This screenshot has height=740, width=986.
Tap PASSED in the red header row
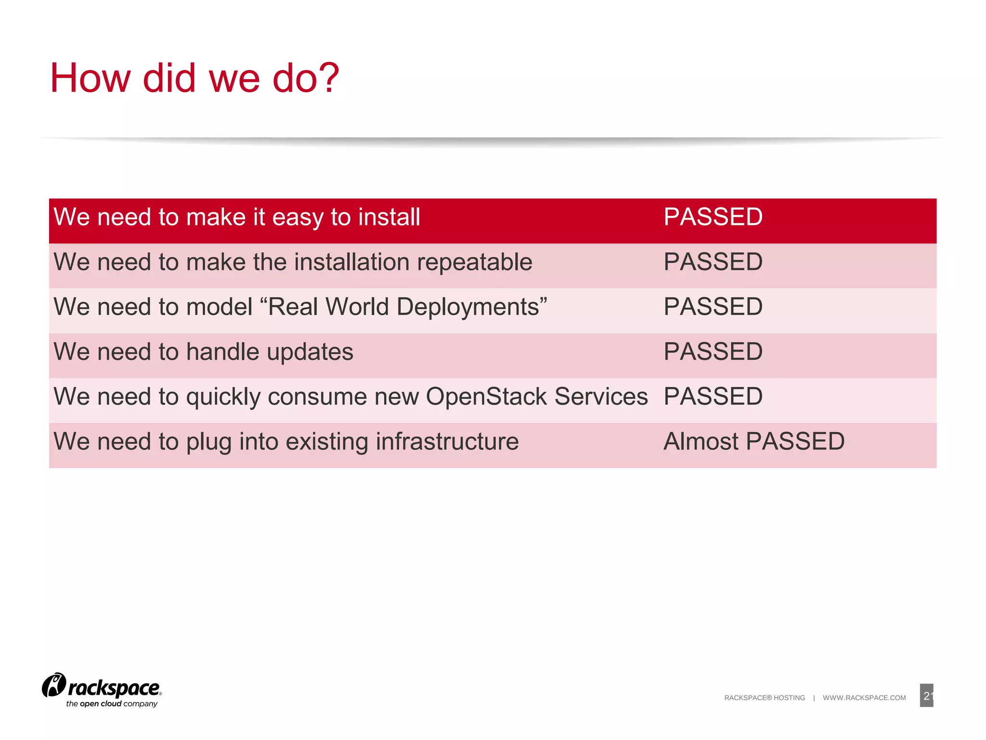tap(713, 217)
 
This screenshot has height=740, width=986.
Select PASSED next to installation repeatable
tap(713, 262)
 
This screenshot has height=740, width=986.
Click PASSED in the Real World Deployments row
tap(713, 307)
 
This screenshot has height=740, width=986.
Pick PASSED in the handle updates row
tap(713, 352)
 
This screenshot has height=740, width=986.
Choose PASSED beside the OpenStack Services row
tap(713, 396)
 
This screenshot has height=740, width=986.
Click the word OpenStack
tap(486, 397)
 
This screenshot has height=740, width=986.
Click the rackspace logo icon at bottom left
tap(54, 685)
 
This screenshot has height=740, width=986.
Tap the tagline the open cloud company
tap(112, 704)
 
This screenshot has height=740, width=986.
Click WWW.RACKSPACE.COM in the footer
tap(864, 698)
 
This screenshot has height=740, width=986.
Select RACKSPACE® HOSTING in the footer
tap(764, 698)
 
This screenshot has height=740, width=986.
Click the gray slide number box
tap(926, 695)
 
